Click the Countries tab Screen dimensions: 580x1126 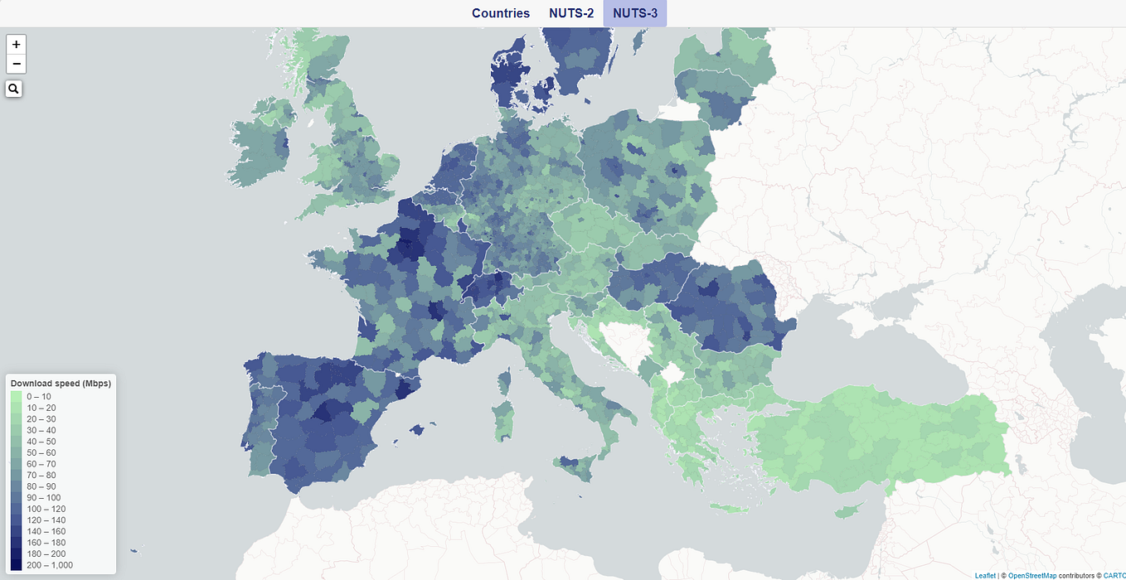(500, 13)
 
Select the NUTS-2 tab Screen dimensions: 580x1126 (571, 13)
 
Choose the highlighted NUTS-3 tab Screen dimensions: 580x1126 (635, 13)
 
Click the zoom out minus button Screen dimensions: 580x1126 (17, 65)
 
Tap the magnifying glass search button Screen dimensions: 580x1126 (14, 88)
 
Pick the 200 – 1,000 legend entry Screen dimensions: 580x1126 (50, 565)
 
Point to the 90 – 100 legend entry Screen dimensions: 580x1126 (43, 498)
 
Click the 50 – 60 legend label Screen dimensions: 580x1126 (41, 453)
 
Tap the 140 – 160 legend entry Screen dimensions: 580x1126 (46, 531)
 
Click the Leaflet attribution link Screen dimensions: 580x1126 (985, 575)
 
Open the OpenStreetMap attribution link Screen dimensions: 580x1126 (1032, 575)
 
